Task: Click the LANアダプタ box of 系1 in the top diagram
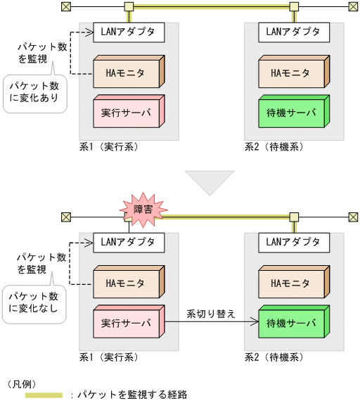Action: tap(129, 32)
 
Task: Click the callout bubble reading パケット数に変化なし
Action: tap(34, 303)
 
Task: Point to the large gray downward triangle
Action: tap(209, 180)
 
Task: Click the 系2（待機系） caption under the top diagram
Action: tap(274, 147)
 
